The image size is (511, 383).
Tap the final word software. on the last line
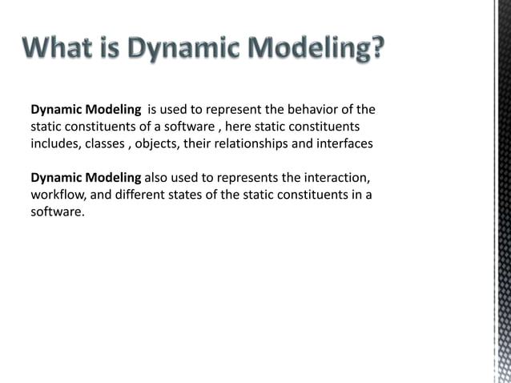pyautogui.click(x=57, y=213)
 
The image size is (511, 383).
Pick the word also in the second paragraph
pyautogui.click(x=157, y=178)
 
